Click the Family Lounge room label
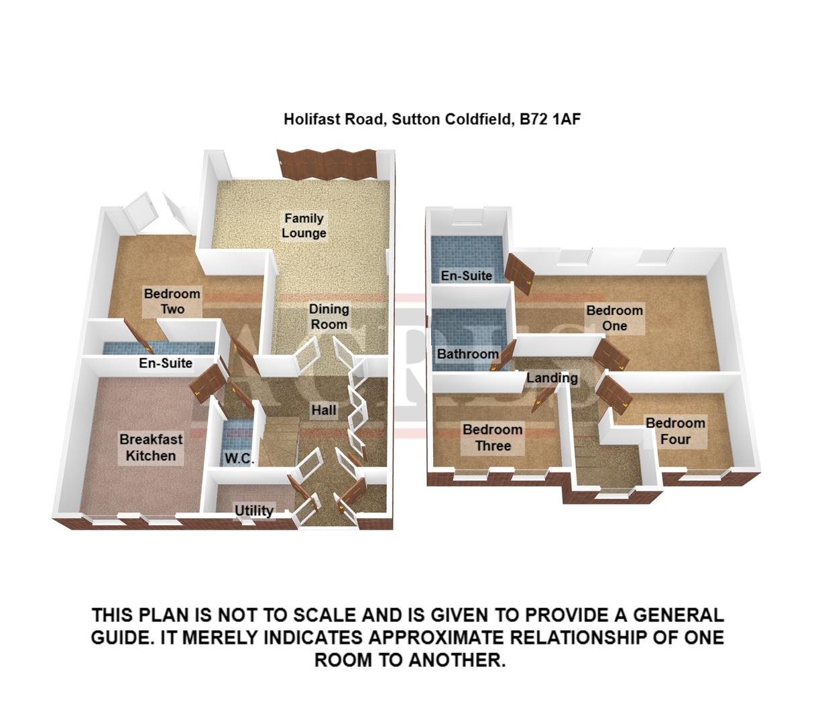304,226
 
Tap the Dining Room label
329,317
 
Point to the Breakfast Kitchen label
151,448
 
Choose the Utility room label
254,511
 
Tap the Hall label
323,410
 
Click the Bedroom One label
614,318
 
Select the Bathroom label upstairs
468,354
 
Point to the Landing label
552,378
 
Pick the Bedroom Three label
492,438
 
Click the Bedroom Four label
675,431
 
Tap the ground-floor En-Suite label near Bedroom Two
166,364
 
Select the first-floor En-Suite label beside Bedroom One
466,276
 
